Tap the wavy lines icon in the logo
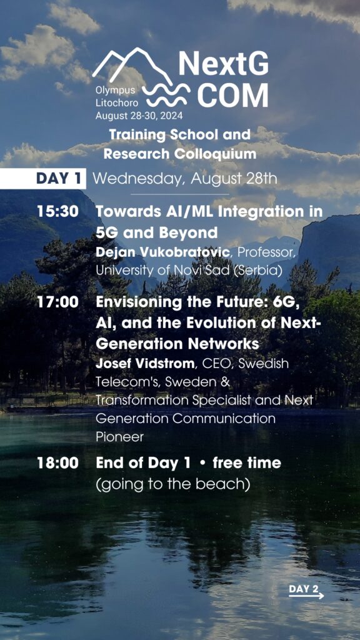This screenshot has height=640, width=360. pos(167,96)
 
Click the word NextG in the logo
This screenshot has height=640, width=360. pos(224,65)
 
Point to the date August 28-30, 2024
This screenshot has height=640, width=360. pos(139,116)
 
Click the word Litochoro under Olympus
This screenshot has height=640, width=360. pos(117,103)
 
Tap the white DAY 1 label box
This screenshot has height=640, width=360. pos(43,178)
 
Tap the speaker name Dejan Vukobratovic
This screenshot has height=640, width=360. pos(162,252)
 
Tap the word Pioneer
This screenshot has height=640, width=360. pos(119,437)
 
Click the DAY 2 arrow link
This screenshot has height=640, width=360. pos(306,591)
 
